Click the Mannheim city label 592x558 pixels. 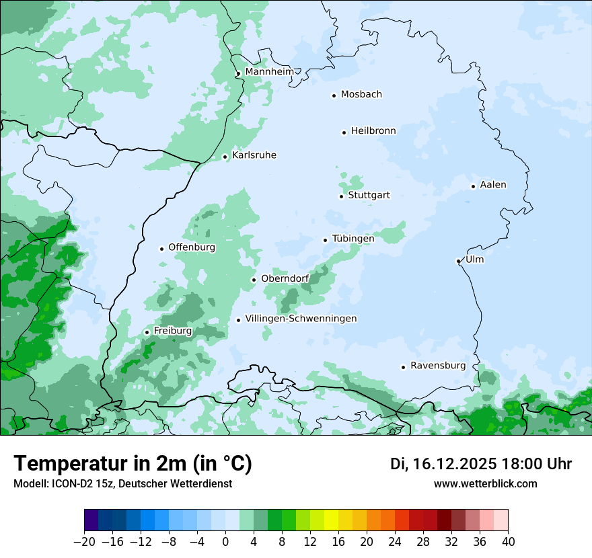coord(269,71)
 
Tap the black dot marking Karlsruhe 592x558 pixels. coord(225,157)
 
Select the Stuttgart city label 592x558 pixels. coord(369,196)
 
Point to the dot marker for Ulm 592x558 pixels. coord(458,261)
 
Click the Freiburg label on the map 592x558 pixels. coord(172,331)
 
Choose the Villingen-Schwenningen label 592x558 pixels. coord(301,319)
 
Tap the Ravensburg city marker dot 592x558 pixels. coord(403,367)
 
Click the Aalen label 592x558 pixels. coord(493,185)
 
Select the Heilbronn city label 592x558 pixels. coord(373,131)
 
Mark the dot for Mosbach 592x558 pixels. coord(334,95)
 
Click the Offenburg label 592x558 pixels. coord(192,247)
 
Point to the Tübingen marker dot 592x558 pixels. coord(325,240)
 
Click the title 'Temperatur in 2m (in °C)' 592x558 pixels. coord(133,463)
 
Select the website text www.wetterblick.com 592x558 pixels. coord(485,484)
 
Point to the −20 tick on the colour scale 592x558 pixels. coord(84,542)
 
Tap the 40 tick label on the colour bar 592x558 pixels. coord(508,542)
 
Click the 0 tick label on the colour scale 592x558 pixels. coord(225,542)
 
